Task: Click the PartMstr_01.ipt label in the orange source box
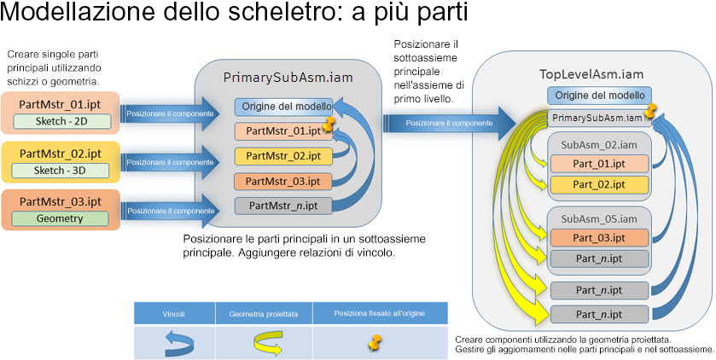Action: [x=60, y=105]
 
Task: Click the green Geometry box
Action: [x=60, y=218]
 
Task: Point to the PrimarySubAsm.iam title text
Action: [x=288, y=77]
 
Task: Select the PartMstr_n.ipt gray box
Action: [x=282, y=205]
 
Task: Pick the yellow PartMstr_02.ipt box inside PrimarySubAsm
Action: [x=282, y=156]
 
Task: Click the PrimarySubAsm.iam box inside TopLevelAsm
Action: [x=597, y=117]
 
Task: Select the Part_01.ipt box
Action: [x=598, y=164]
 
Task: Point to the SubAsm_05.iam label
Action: [x=598, y=218]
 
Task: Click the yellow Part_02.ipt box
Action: [x=598, y=183]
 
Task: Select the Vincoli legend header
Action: [x=174, y=314]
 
